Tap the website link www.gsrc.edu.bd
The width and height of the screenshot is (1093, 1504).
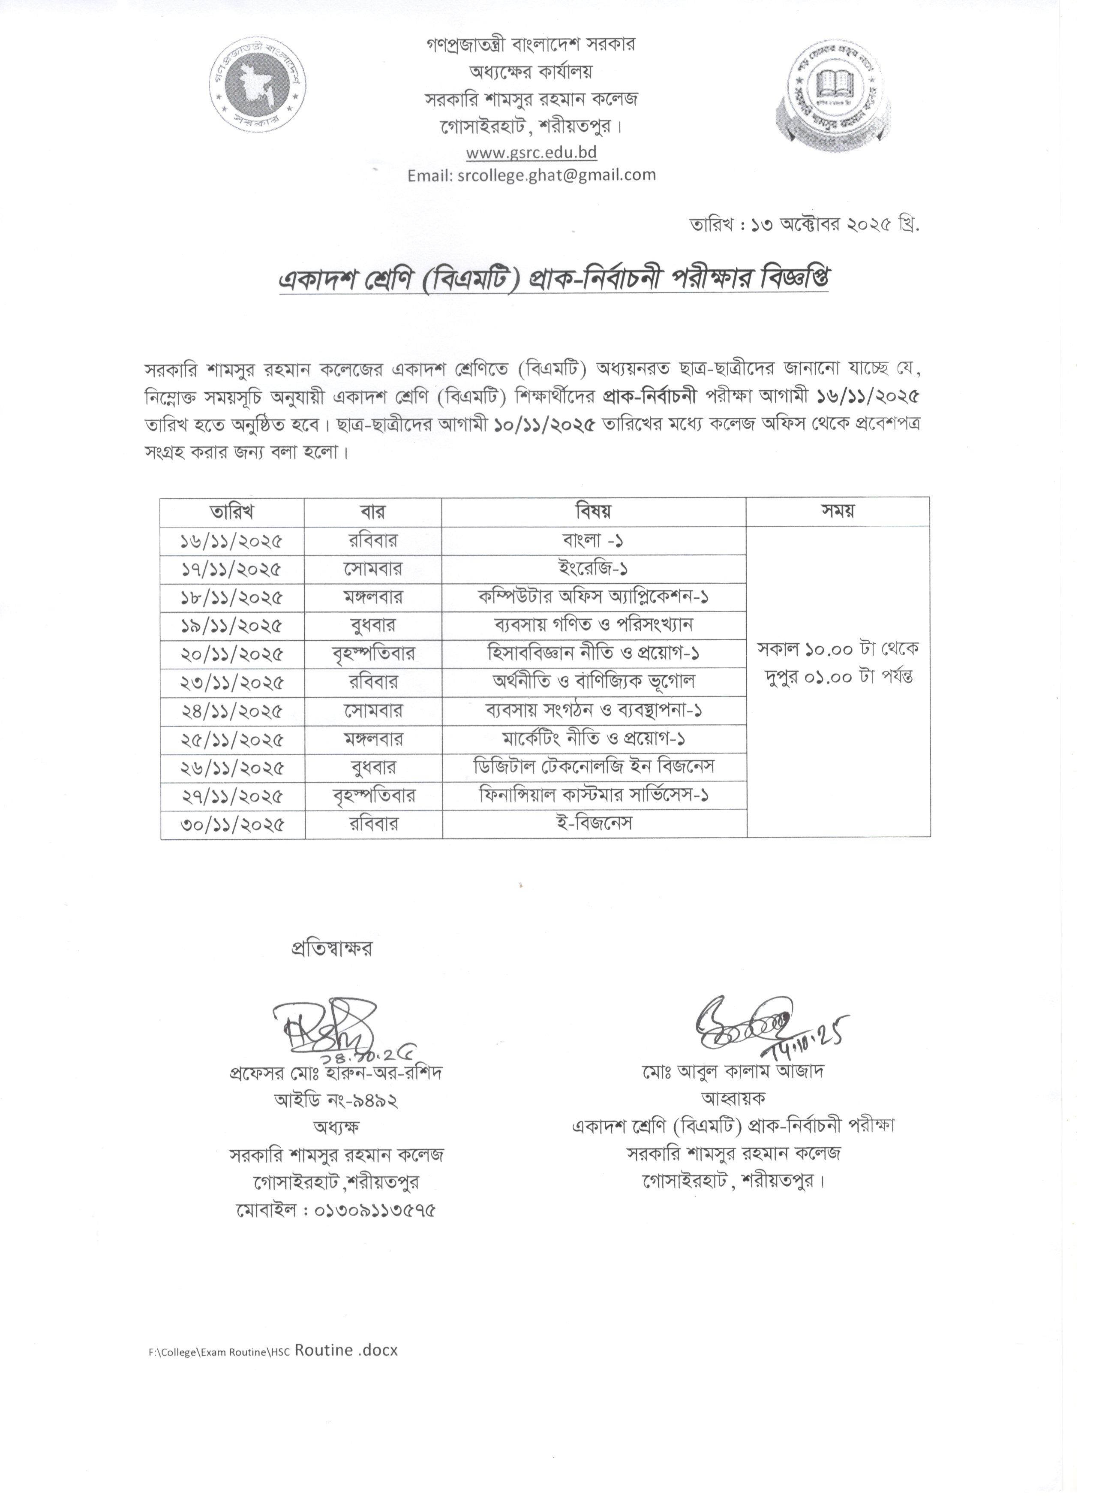pos(531,153)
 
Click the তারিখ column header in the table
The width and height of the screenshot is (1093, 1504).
pos(232,511)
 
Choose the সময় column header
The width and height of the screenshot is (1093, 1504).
pos(838,511)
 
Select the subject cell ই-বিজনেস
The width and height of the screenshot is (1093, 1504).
pos(595,823)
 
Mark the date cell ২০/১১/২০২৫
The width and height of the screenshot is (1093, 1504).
pos(232,654)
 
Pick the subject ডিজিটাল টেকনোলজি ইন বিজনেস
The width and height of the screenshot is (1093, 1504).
pos(594,767)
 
